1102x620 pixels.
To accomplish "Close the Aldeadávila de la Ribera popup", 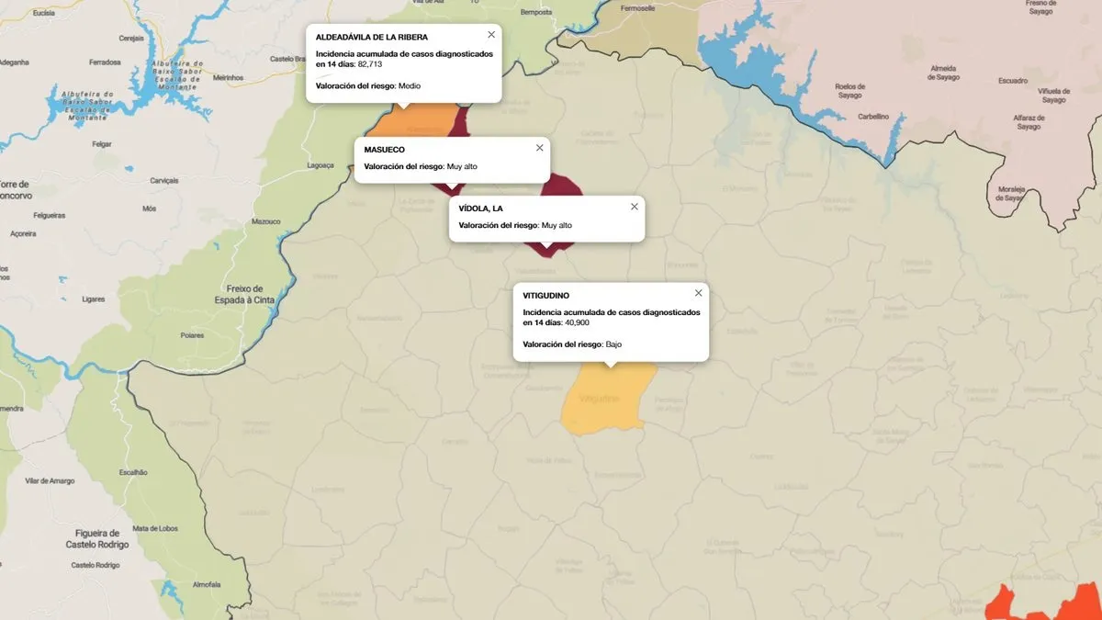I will tap(491, 35).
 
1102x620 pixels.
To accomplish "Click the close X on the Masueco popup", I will tap(539, 148).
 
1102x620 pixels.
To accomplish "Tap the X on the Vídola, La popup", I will tap(634, 207).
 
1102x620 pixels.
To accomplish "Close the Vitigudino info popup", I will tap(698, 293).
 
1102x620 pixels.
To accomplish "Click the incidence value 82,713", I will tap(369, 65).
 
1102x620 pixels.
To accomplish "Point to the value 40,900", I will tap(577, 323).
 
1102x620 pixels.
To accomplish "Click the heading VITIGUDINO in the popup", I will tap(545, 296).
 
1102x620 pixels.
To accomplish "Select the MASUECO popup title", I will tap(384, 150).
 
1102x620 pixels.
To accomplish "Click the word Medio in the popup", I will tap(409, 85).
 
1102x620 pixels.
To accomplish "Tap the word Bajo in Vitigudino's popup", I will tap(613, 344).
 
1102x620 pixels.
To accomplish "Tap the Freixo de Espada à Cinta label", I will tap(244, 294).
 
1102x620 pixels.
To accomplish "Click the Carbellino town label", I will tap(872, 117).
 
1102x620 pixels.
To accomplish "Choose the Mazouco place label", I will tap(265, 221).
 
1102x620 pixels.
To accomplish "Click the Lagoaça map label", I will tap(320, 166).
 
